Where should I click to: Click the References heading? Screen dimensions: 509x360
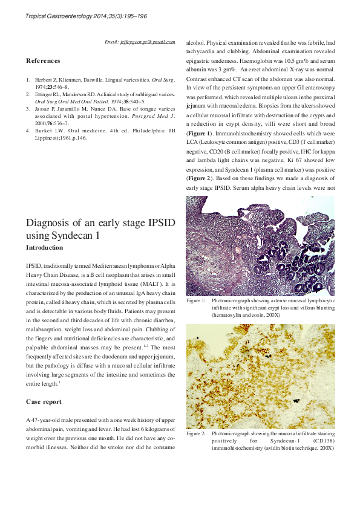pos(43,60)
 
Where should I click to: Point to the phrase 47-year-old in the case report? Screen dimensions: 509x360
pos(47,420)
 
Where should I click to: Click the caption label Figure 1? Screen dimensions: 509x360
pos(195,300)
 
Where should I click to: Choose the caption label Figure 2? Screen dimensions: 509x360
pos(195,433)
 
